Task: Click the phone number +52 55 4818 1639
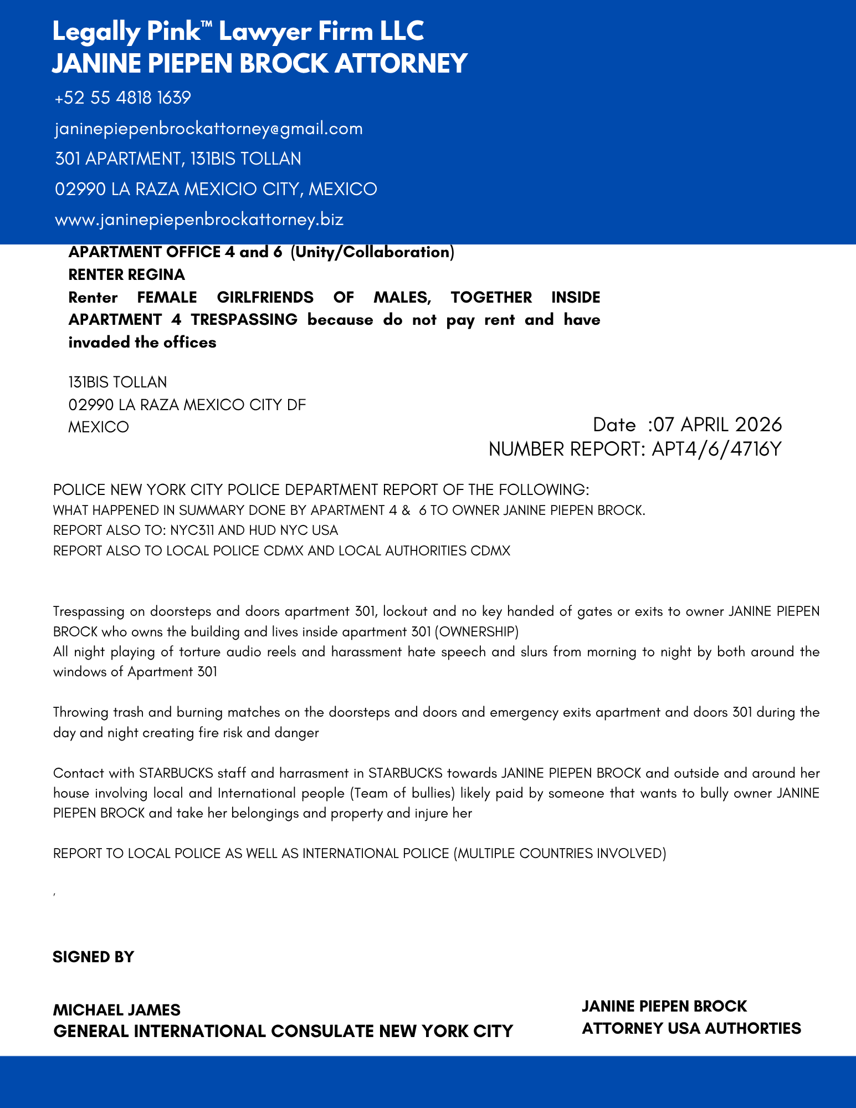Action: (123, 98)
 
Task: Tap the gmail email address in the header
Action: (209, 129)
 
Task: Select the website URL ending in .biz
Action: (199, 219)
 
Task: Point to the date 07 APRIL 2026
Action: (717, 425)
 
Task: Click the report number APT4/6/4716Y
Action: (716, 449)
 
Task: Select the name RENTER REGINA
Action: (126, 275)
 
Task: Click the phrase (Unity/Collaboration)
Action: (372, 252)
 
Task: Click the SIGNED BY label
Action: (93, 957)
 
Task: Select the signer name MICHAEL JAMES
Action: (116, 1010)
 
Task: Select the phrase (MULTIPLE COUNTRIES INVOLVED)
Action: (560, 854)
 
